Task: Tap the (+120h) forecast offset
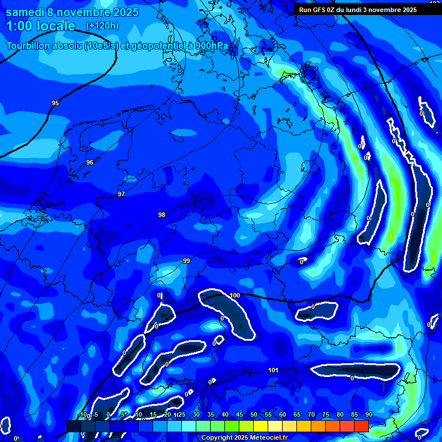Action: click(102, 26)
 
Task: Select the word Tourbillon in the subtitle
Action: click(29, 46)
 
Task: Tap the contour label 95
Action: click(55, 104)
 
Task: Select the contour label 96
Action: click(90, 163)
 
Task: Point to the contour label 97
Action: click(121, 195)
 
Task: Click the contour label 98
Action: click(162, 215)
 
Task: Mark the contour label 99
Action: click(186, 261)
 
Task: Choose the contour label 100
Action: click(235, 296)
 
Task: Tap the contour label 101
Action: click(274, 370)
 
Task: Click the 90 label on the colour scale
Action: click(368, 415)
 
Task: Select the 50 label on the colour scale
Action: click(253, 415)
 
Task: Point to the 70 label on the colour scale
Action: click(311, 415)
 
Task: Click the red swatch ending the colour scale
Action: click(361, 426)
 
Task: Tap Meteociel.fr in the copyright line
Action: click(268, 438)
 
